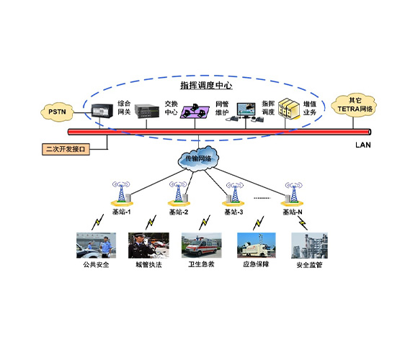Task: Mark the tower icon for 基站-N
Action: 291,192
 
